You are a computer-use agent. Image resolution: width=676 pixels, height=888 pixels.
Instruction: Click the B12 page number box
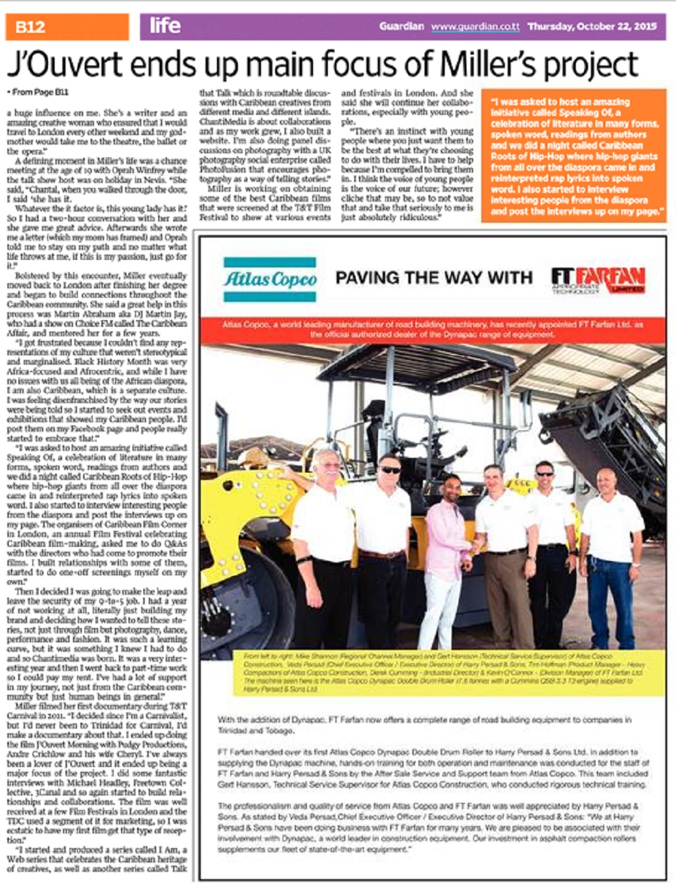(66, 27)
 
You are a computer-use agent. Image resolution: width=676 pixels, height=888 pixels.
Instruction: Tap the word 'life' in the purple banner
(165, 26)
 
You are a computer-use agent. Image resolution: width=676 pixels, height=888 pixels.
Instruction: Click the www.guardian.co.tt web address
(475, 27)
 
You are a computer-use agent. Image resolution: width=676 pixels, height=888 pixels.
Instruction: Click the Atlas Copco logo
(270, 278)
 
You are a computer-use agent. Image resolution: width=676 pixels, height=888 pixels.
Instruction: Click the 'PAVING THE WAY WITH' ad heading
(434, 278)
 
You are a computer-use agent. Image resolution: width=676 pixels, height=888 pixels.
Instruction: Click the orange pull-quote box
(574, 156)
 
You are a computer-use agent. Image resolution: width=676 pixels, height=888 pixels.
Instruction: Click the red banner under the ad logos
(434, 330)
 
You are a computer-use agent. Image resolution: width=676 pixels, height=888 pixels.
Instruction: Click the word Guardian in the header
(402, 27)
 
